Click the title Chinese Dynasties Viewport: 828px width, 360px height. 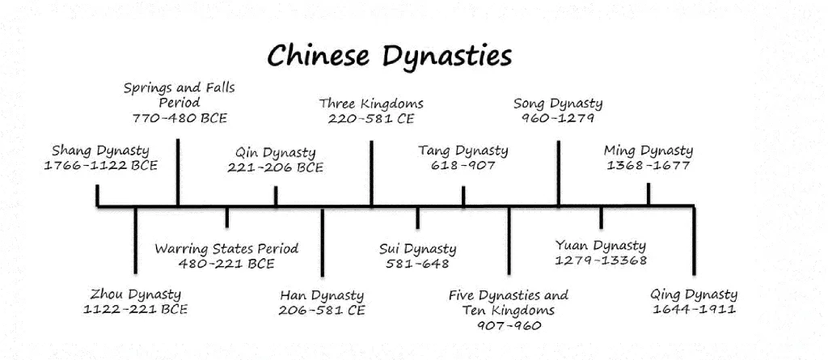pyautogui.click(x=390, y=56)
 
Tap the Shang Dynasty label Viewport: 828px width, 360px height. pyautogui.click(x=100, y=150)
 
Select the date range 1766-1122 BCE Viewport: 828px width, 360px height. pyautogui.click(x=100, y=166)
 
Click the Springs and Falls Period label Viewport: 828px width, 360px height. pyautogui.click(x=180, y=95)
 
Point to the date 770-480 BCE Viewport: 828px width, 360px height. pyautogui.click(x=180, y=118)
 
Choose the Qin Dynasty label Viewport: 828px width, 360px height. pyautogui.click(x=276, y=152)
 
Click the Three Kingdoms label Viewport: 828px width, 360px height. pyautogui.click(x=371, y=104)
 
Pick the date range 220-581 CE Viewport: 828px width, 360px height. pyautogui.click(x=371, y=119)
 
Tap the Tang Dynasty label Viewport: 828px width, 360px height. pyautogui.click(x=463, y=150)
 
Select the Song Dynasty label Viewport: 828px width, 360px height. pyautogui.click(x=558, y=104)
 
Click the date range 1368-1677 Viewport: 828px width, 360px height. pyautogui.click(x=648, y=166)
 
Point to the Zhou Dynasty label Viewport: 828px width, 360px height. pyautogui.click(x=136, y=294)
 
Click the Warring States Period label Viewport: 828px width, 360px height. pyautogui.click(x=226, y=248)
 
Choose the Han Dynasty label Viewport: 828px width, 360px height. pyautogui.click(x=322, y=295)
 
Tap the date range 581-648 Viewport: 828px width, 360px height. pyautogui.click(x=417, y=264)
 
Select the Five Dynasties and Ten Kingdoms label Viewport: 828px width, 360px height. pyautogui.click(x=509, y=303)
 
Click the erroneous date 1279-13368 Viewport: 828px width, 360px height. pyautogui.click(x=601, y=260)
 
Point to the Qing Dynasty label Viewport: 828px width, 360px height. pyautogui.click(x=694, y=294)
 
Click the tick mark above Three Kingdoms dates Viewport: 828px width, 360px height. pyautogui.click(x=371, y=173)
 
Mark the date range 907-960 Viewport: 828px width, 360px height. pyautogui.click(x=509, y=326)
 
